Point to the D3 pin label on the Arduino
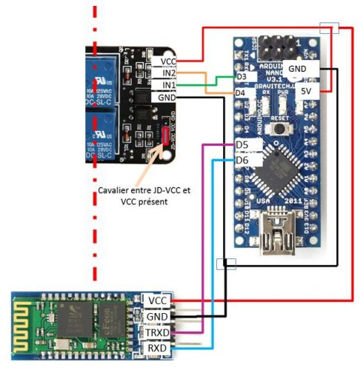click(241, 77)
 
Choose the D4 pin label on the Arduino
click(241, 92)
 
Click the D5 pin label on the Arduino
click(241, 144)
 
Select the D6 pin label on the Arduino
click(241, 160)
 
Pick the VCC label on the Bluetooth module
click(157, 300)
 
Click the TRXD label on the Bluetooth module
click(157, 332)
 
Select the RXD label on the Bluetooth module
click(157, 347)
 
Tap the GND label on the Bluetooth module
click(157, 316)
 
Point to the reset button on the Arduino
click(280, 129)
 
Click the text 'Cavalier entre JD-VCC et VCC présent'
click(144, 195)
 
